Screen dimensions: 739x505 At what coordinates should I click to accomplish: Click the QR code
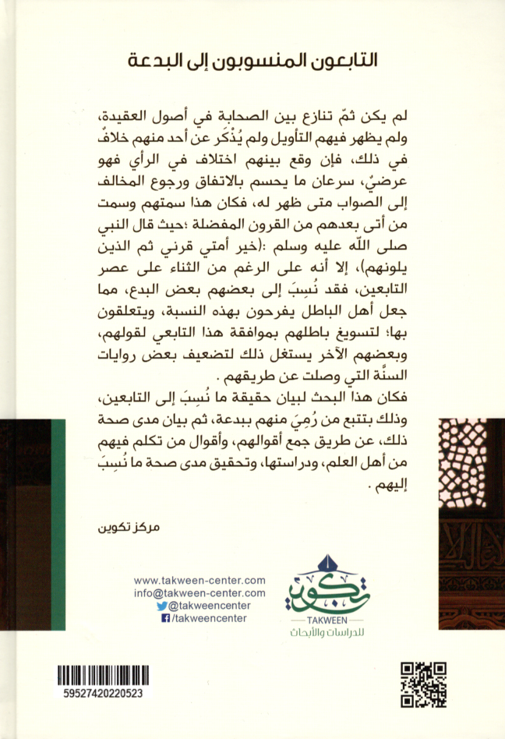coord(423,684)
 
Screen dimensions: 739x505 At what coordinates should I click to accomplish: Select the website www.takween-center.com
coord(200,581)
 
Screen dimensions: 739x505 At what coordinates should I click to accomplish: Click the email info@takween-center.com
coord(200,593)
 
